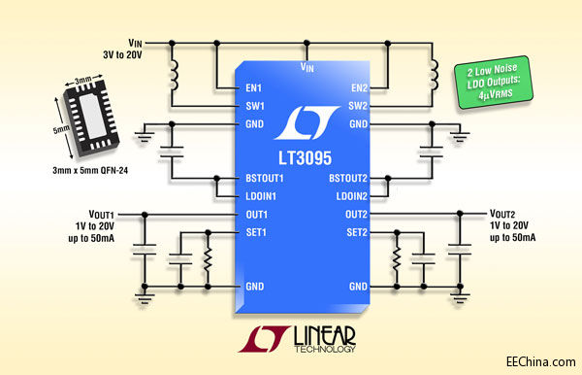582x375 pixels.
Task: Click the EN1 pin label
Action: click(254, 88)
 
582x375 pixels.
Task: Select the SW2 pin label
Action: click(358, 106)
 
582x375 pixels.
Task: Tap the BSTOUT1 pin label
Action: click(265, 179)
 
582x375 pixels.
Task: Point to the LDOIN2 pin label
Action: click(351, 196)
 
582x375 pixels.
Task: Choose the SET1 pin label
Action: click(256, 232)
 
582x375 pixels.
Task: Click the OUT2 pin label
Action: click(356, 215)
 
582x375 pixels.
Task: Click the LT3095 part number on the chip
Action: click(306, 158)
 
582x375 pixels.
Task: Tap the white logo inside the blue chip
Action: click(307, 122)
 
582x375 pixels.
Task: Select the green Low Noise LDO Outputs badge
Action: click(494, 83)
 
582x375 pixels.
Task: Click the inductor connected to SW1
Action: click(174, 76)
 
